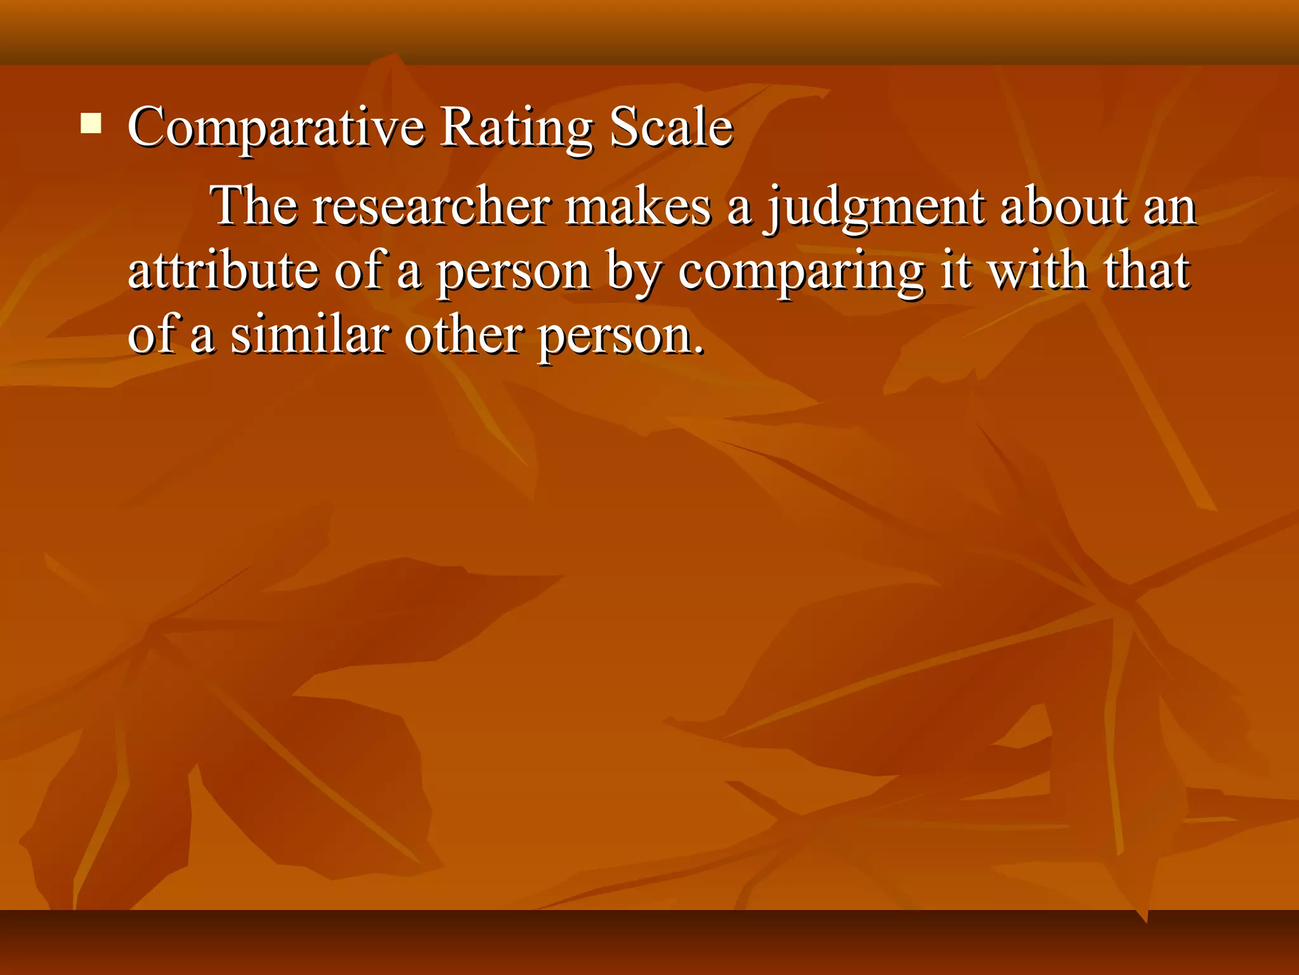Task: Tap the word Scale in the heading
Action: pos(670,127)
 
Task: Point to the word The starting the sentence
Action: pos(254,206)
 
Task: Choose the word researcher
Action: pos(431,207)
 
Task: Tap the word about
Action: pos(1064,207)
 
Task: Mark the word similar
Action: pos(309,335)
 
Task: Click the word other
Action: pos(464,335)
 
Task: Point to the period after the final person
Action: pos(698,350)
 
